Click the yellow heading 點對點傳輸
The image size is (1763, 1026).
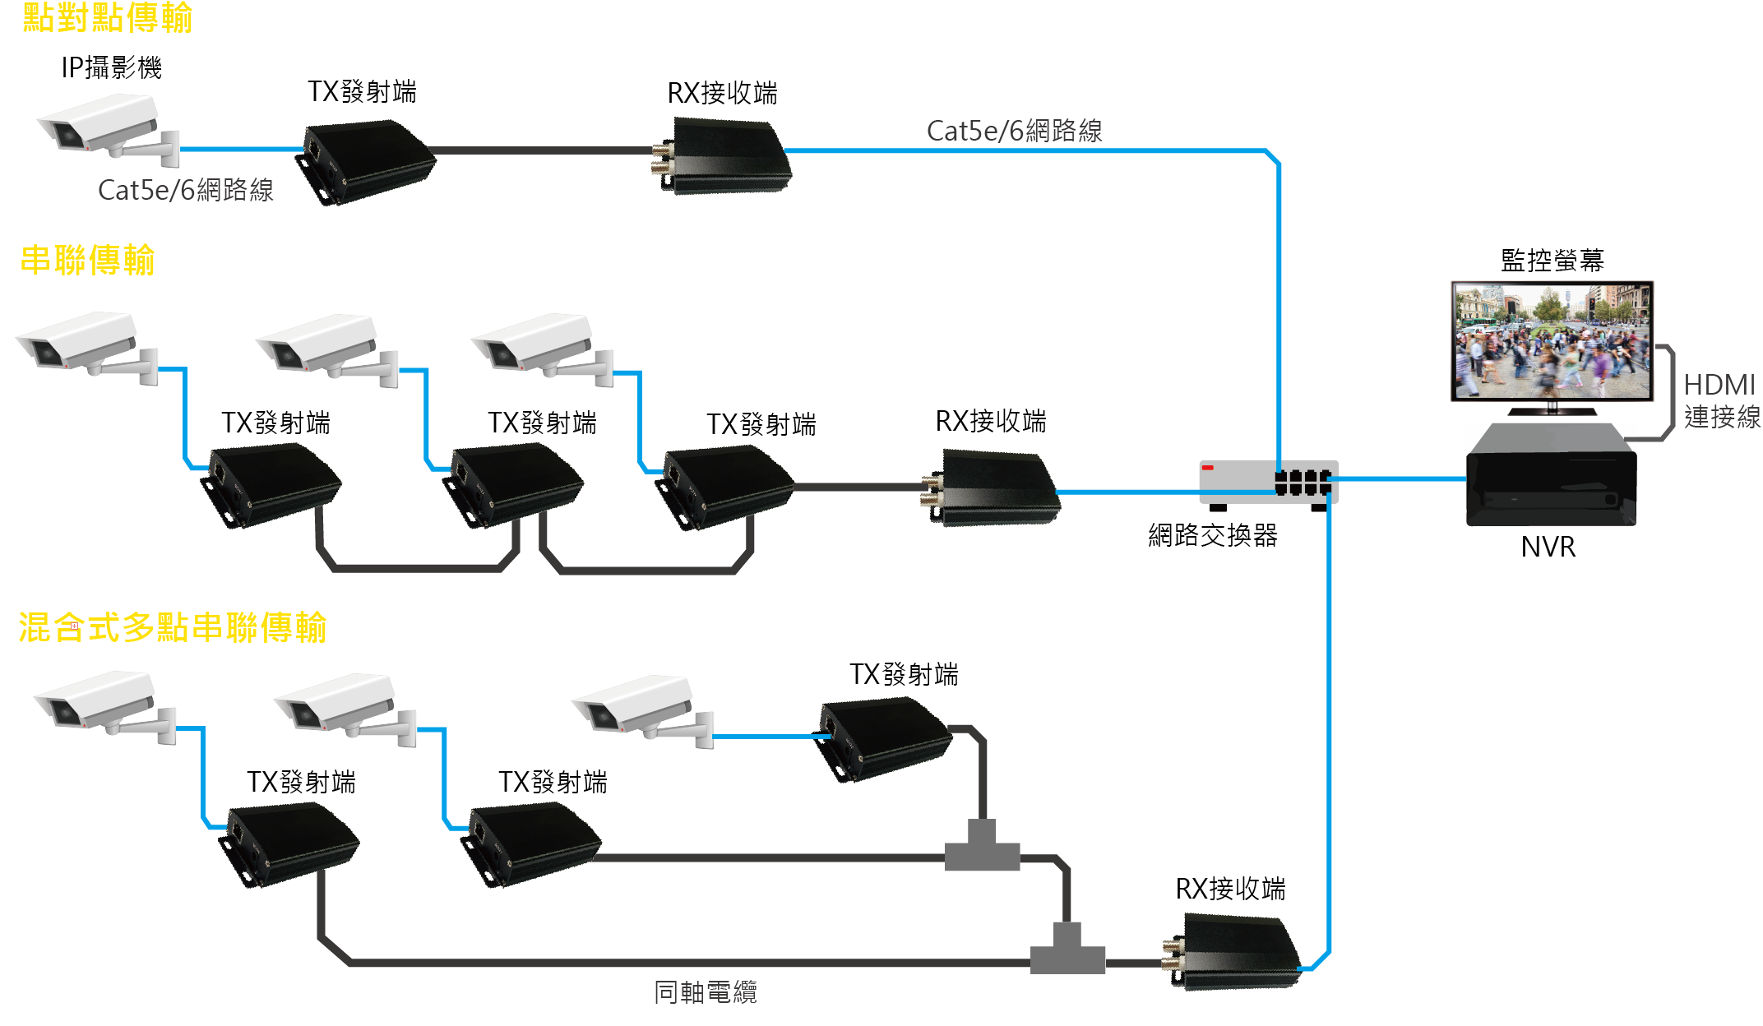click(107, 18)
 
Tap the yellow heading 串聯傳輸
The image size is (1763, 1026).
click(87, 260)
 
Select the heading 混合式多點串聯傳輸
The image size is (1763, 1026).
click(173, 627)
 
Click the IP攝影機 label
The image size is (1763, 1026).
click(111, 67)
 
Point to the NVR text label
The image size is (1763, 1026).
click(1548, 547)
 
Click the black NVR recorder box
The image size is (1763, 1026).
click(1551, 477)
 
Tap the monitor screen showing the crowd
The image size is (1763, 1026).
click(1552, 340)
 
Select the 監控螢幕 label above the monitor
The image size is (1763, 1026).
click(1552, 261)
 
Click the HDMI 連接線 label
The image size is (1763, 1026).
click(1721, 400)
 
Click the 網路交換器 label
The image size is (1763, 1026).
click(1213, 535)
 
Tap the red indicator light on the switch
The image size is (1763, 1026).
click(1208, 468)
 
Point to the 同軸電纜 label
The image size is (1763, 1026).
click(705, 992)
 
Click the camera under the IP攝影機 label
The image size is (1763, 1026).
click(107, 127)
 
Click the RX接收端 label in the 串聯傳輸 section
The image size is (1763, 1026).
click(991, 421)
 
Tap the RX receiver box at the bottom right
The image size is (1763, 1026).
click(1233, 954)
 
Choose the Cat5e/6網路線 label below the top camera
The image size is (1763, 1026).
click(185, 190)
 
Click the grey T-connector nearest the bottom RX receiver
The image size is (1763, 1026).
click(1067, 950)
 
